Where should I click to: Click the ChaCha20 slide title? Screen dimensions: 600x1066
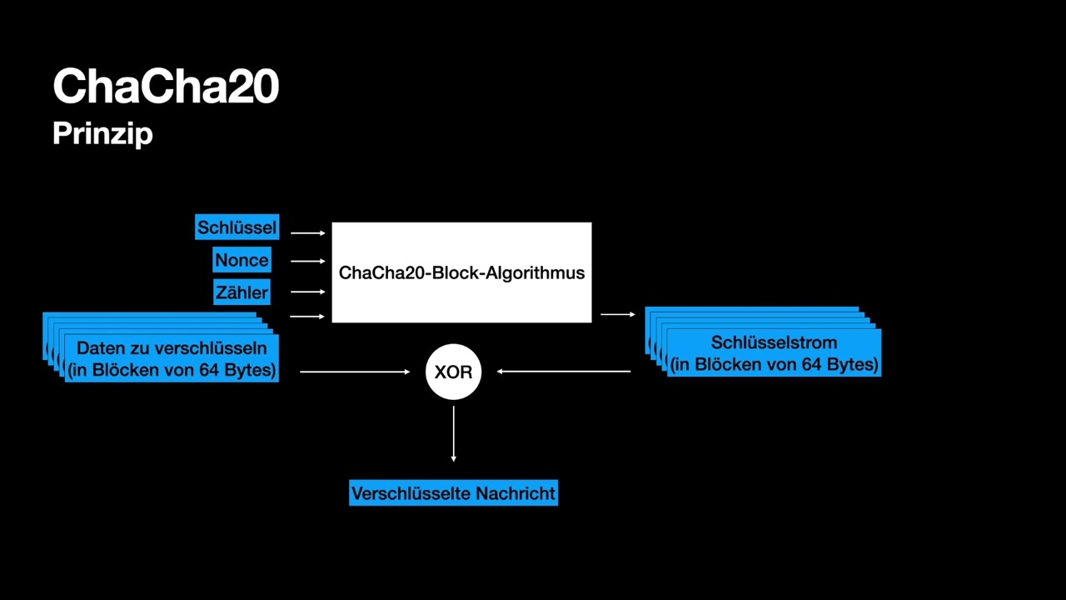coord(165,86)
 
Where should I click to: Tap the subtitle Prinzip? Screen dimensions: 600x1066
coord(102,133)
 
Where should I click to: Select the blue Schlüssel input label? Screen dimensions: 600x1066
coord(237,227)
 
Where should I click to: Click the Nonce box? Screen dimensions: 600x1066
coord(242,260)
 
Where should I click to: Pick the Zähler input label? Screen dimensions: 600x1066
coord(242,292)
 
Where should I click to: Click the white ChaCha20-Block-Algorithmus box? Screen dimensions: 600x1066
coord(461,272)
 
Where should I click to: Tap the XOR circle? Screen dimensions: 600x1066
coord(453,372)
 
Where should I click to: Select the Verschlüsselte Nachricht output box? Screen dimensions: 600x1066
coord(453,493)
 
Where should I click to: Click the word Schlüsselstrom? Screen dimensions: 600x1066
coord(774,342)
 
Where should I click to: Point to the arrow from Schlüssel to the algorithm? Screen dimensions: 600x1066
coord(308,233)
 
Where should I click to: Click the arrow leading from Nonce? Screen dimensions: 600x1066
coord(308,261)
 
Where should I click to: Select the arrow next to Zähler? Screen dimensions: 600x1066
coord(308,292)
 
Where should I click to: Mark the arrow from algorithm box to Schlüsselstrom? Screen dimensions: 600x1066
coord(617,314)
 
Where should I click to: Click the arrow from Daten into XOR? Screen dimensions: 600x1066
coord(355,372)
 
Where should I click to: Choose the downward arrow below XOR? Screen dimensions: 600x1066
coord(453,433)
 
